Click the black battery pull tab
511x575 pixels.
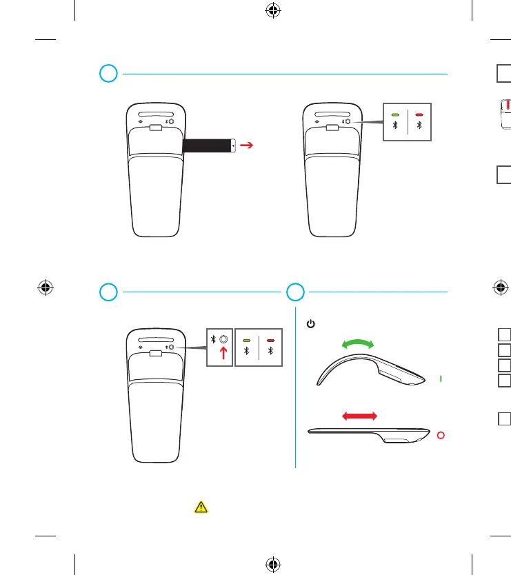209,145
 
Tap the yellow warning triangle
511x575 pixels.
201,507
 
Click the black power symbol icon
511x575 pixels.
311,323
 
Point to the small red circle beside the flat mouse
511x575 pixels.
441,436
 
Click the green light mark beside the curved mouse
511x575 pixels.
441,379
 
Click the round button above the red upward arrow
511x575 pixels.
223,340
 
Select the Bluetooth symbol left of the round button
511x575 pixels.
213,340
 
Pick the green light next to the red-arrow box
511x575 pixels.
246,340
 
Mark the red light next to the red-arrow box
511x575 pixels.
270,340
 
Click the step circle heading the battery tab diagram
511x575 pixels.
107,73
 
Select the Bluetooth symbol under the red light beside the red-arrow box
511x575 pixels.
270,351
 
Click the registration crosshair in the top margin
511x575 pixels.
273,11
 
